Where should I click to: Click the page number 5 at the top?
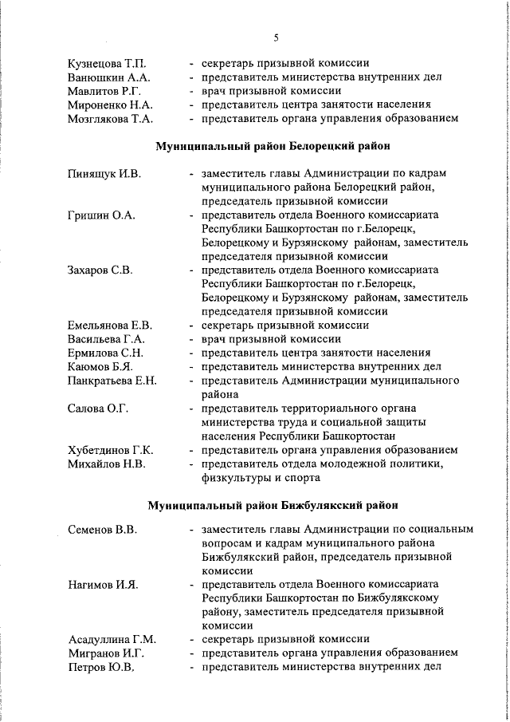(276, 37)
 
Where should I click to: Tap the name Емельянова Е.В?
(109, 325)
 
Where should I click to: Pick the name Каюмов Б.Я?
(100, 366)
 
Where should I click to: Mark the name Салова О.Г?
(97, 408)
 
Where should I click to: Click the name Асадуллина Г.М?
(112, 640)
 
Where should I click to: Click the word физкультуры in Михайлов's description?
(236, 478)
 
